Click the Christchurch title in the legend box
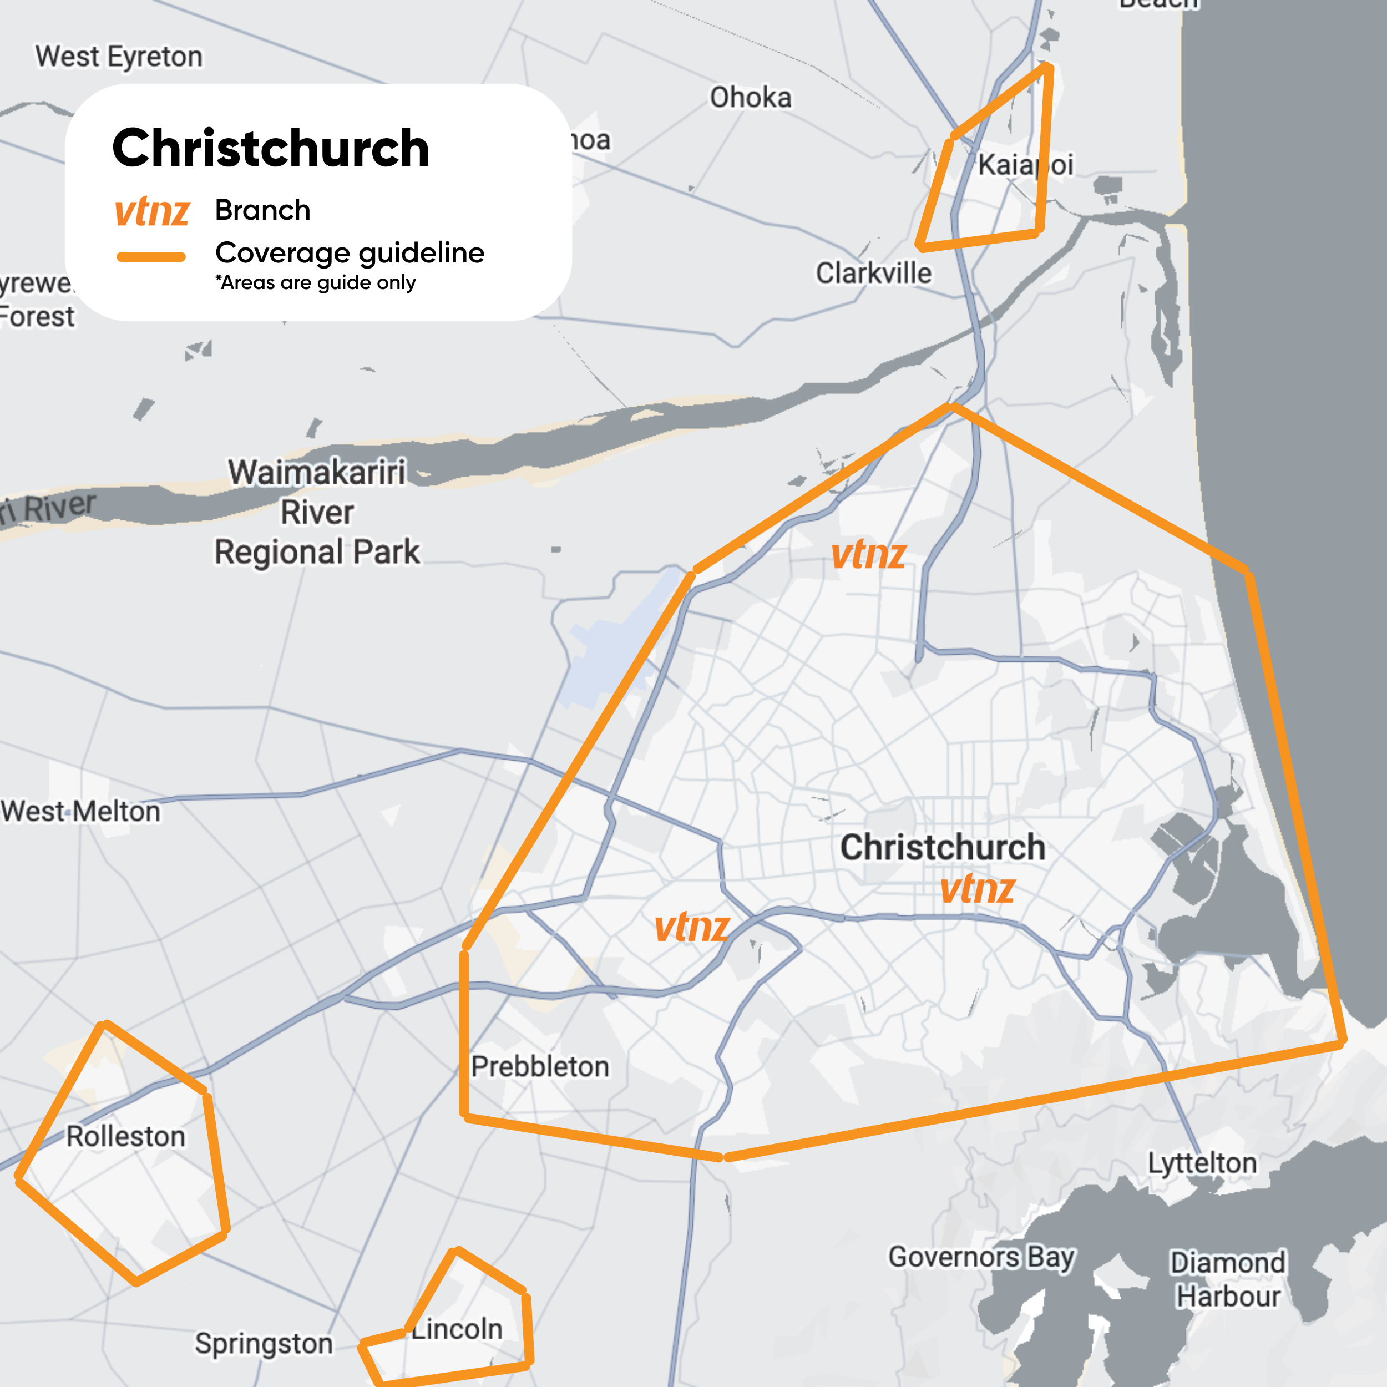(271, 148)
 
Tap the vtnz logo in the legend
(152, 211)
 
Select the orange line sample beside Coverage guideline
(151, 256)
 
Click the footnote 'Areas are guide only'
(315, 283)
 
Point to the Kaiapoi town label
(1025, 165)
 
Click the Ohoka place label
(751, 98)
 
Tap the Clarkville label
(874, 274)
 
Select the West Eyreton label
(119, 57)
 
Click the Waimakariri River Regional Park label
(317, 513)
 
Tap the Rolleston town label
(125, 1136)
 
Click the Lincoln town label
(457, 1329)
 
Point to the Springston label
(264, 1344)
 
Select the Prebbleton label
(540, 1067)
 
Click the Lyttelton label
(1202, 1163)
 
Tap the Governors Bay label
(981, 1257)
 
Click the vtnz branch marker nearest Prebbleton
(692, 927)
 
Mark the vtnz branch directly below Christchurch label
(977, 889)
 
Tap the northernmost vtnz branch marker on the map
(869, 555)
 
